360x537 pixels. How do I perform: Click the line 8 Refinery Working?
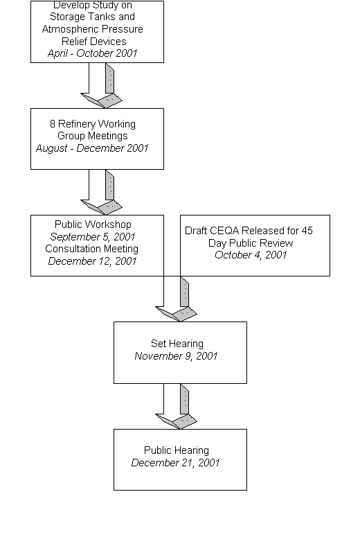coord(92,124)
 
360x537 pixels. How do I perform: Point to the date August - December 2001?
coord(92,148)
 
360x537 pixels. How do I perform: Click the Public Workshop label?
coord(93,225)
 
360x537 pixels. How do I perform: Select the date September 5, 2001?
coord(93,236)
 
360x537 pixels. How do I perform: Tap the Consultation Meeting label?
coord(92,249)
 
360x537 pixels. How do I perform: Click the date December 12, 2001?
coord(92,261)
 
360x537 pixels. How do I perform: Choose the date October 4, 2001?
coord(251,256)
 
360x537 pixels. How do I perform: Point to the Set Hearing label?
coord(177,344)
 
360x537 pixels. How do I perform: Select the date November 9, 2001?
coord(177,356)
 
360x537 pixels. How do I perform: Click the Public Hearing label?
coord(177,450)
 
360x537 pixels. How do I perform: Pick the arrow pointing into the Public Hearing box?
coord(176,407)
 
